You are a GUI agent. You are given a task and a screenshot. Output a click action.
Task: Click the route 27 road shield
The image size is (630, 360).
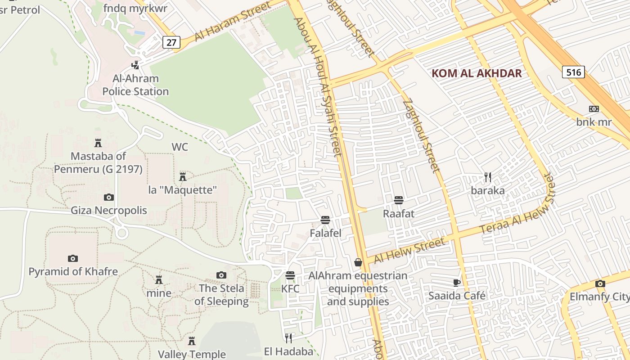click(x=171, y=42)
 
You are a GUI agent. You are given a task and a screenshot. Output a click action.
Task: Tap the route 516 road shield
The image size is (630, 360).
click(x=573, y=72)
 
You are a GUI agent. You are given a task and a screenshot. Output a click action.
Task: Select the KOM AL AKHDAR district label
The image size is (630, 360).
click(x=477, y=73)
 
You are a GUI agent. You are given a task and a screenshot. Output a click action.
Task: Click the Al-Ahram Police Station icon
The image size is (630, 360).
click(x=135, y=65)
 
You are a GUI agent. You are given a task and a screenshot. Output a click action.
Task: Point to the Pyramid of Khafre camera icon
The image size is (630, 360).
click(x=73, y=258)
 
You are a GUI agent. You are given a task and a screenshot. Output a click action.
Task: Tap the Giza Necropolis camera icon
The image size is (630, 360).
click(x=109, y=197)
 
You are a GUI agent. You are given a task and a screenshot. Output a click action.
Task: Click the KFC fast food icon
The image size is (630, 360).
click(x=290, y=275)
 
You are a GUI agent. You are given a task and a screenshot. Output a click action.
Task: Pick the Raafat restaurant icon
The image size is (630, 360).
click(x=398, y=200)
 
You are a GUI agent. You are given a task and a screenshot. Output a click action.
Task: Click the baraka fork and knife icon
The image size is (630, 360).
click(x=487, y=177)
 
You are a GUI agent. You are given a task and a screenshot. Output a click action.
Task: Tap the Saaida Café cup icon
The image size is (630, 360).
click(x=457, y=283)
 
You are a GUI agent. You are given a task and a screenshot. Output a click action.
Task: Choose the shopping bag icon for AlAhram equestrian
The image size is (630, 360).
click(x=358, y=262)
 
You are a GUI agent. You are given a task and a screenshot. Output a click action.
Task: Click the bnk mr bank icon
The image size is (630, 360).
click(x=594, y=109)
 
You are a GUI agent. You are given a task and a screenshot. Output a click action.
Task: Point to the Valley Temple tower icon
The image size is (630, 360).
click(x=192, y=341)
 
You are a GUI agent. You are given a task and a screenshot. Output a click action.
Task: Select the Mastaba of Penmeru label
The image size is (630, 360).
click(x=98, y=162)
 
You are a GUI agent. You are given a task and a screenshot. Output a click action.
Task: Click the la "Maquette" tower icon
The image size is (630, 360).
click(x=183, y=176)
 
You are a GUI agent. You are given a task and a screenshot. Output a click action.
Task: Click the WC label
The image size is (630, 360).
click(x=180, y=147)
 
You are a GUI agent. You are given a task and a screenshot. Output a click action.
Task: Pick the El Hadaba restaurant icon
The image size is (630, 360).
click(x=288, y=337)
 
